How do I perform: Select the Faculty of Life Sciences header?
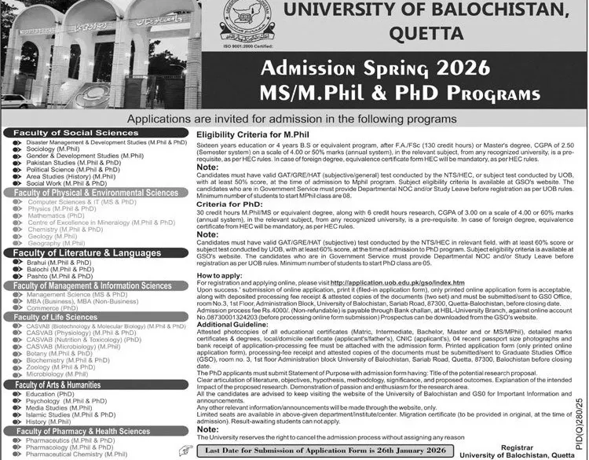pyautogui.click(x=60, y=317)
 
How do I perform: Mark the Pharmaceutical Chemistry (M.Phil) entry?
pyautogui.click(x=76, y=454)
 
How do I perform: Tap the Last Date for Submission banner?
pyautogui.click(x=315, y=451)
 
